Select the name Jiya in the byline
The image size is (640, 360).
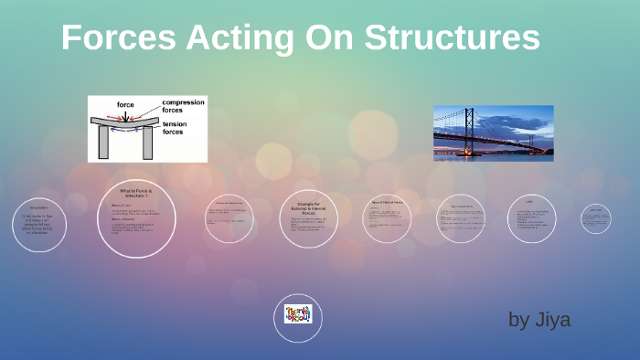(x=552, y=320)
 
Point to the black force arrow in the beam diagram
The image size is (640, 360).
(x=126, y=114)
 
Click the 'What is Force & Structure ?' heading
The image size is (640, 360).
(x=137, y=192)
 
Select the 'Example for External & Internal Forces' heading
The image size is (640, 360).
(x=301, y=206)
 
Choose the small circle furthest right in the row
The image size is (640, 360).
(x=595, y=218)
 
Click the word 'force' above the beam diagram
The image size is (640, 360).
(x=125, y=104)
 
